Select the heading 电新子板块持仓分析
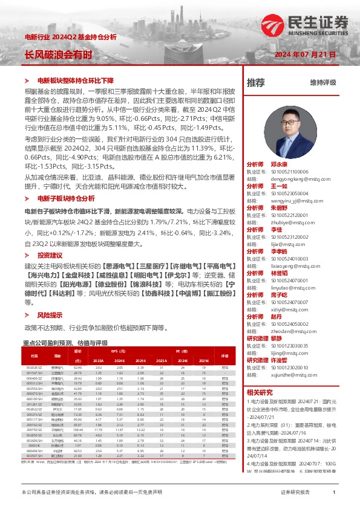coord(65,198)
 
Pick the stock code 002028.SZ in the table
coord(34,367)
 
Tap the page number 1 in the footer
coord(334,493)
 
